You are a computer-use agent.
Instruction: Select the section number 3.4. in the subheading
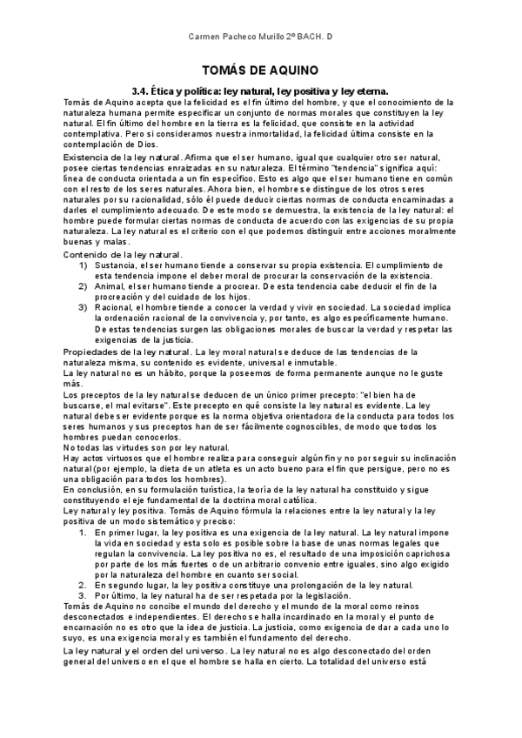click(x=143, y=90)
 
